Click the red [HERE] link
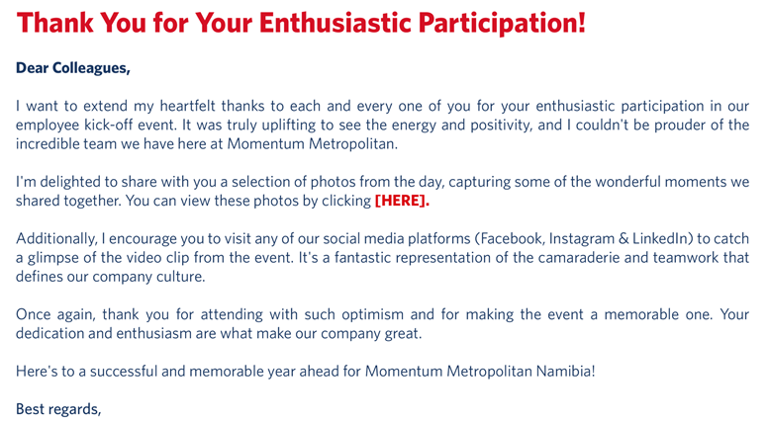(x=402, y=201)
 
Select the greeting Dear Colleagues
(x=73, y=68)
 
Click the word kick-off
(x=110, y=125)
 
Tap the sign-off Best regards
(x=58, y=409)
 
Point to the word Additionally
(x=55, y=239)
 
